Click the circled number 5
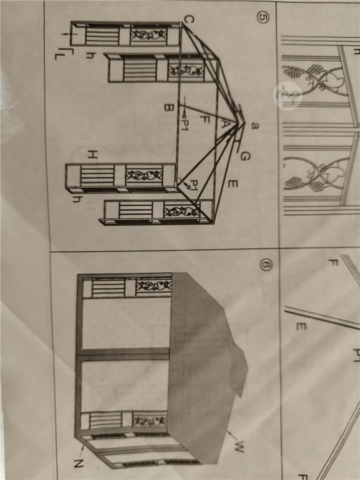click(x=262, y=17)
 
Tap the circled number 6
click(x=265, y=264)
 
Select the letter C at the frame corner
click(x=189, y=19)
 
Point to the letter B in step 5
click(x=169, y=107)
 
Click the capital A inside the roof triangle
click(x=224, y=124)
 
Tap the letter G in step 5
click(x=245, y=156)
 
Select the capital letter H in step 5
click(x=92, y=155)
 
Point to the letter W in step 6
click(x=239, y=446)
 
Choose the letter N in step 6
click(x=78, y=463)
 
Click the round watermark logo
click(x=287, y=95)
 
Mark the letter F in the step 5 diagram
click(x=204, y=119)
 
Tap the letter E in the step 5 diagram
click(x=232, y=183)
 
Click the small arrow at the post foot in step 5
click(x=69, y=33)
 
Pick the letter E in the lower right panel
click(x=301, y=326)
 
